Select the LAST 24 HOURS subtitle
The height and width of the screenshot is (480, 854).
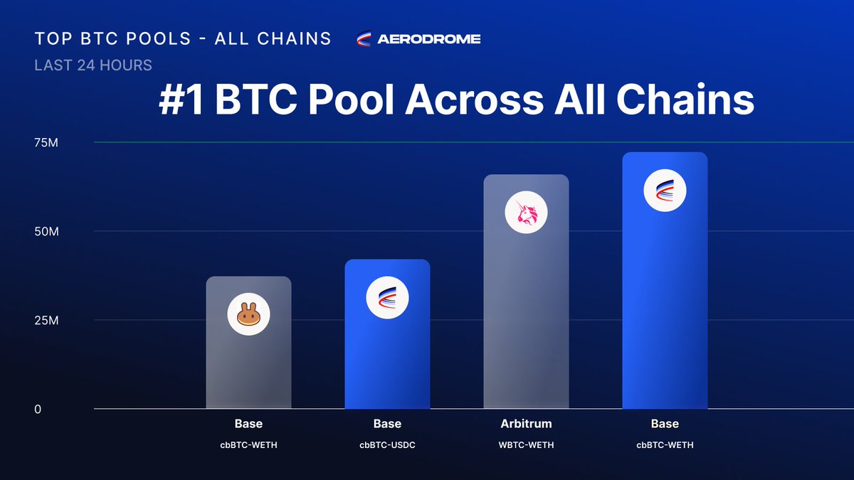click(x=93, y=65)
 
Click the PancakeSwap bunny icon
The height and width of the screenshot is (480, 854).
click(x=248, y=315)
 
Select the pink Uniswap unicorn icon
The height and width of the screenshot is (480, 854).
click(x=526, y=213)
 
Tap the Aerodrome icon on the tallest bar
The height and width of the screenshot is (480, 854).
click(x=665, y=191)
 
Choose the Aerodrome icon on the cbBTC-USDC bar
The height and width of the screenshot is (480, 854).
click(x=387, y=297)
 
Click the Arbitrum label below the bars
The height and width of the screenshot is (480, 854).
click(x=526, y=424)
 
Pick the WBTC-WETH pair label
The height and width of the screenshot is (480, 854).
click(x=526, y=445)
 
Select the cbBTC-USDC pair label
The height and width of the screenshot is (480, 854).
click(x=387, y=445)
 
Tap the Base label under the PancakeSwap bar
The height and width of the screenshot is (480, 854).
click(x=248, y=424)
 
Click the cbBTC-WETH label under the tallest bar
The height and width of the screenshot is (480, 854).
click(x=665, y=445)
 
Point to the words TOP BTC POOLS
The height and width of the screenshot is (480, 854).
click(x=110, y=39)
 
